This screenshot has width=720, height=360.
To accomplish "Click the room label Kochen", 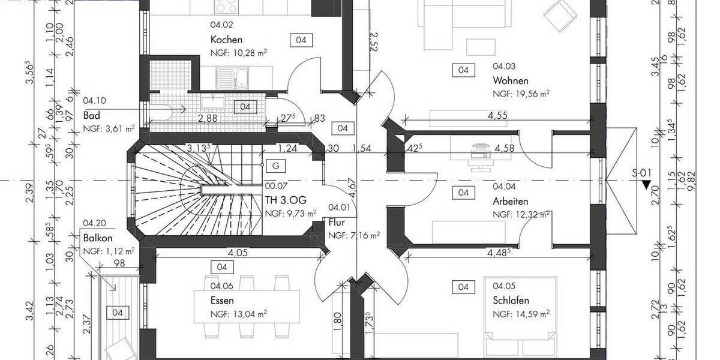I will click(x=226, y=40).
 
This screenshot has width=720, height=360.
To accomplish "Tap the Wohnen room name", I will click(x=511, y=80).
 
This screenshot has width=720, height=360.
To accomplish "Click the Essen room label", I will click(x=222, y=301).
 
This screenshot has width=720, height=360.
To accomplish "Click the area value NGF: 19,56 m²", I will click(x=521, y=94).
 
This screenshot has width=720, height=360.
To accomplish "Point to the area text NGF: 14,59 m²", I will click(x=521, y=313).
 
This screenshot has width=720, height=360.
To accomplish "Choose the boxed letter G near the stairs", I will click(x=275, y=165).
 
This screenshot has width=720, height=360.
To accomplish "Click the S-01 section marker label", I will click(x=642, y=173).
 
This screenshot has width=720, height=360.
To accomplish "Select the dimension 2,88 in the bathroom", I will click(x=208, y=118).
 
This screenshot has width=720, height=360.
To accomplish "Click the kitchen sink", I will click(x=231, y=76).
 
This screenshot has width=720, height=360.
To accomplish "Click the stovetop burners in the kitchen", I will click(x=226, y=7).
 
